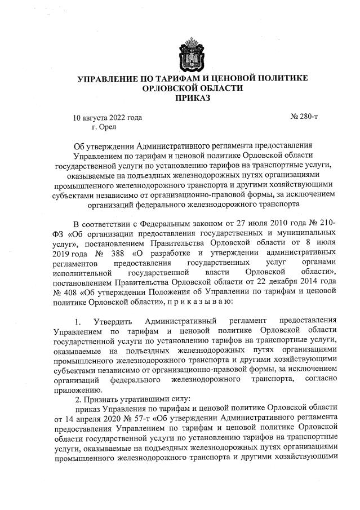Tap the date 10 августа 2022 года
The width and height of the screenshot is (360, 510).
pyautogui.click(x=108, y=118)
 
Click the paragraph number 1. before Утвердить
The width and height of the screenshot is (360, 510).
pyautogui.click(x=78, y=321)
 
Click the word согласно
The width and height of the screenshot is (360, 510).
pyautogui.click(x=320, y=379)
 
